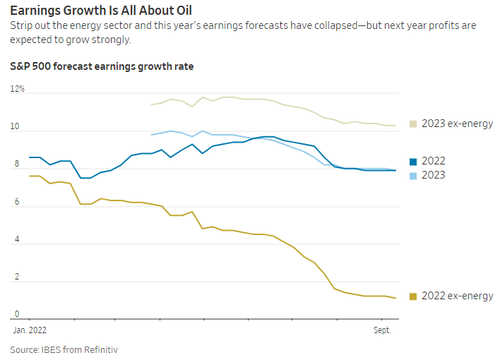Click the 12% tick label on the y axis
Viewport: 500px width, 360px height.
tap(18, 90)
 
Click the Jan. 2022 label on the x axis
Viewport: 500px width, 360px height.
tap(30, 330)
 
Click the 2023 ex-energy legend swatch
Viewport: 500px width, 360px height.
tap(413, 124)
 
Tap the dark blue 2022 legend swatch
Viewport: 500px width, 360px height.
tap(413, 161)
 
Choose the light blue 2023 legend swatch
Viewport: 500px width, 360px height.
tap(413, 175)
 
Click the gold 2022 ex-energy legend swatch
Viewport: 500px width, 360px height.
tap(413, 296)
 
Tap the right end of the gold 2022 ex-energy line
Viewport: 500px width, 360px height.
tap(395, 298)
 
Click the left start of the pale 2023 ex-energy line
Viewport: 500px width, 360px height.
tap(152, 105)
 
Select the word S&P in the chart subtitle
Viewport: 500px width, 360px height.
tap(21, 66)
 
